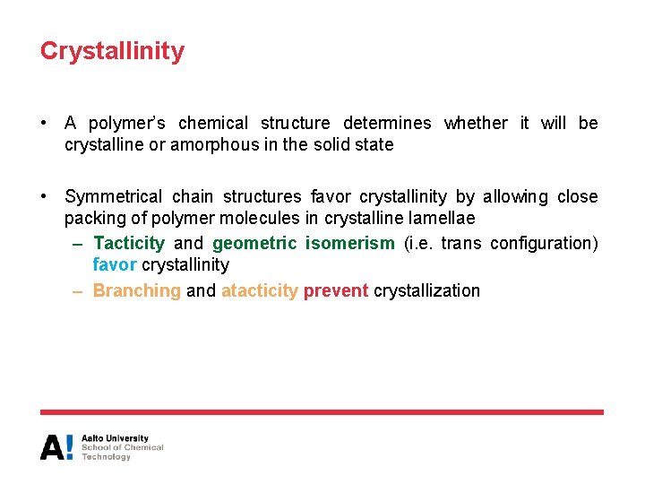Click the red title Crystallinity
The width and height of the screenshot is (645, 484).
112,51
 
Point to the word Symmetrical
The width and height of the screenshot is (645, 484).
114,196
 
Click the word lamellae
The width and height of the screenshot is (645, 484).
442,218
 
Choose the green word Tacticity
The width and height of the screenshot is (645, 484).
129,243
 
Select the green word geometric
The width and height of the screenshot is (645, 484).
254,243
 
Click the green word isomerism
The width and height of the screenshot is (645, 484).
349,243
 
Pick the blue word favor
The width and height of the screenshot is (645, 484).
115,264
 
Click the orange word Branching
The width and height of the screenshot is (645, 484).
137,290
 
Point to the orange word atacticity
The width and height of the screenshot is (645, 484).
259,290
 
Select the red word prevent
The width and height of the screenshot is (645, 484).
336,290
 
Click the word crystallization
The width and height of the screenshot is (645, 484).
426,290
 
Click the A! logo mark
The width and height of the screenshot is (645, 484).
56,447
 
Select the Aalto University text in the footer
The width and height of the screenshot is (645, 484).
115,438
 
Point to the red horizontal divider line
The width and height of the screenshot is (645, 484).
322,412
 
